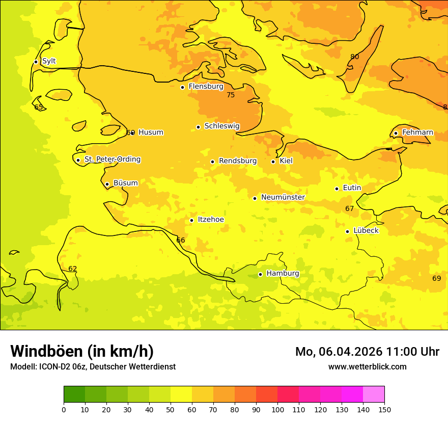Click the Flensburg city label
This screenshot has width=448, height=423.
[x=206, y=87]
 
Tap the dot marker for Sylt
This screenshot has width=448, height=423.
[x=36, y=62]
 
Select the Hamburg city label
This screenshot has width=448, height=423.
[x=283, y=274]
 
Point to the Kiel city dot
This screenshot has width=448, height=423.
[x=273, y=162]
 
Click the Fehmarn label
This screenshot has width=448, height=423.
[x=417, y=133]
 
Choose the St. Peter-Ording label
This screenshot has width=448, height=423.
[x=112, y=160]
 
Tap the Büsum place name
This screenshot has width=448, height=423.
[x=125, y=183]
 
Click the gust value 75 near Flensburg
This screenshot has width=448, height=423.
[x=231, y=95]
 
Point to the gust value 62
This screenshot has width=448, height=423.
[x=73, y=269]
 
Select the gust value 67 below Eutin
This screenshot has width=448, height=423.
[x=349, y=209]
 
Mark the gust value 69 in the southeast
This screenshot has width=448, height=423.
[x=437, y=278]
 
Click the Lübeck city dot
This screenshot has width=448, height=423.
[x=347, y=231]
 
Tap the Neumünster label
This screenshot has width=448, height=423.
[x=283, y=197]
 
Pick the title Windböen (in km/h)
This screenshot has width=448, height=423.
[x=82, y=351]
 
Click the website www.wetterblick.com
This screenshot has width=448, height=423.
[x=368, y=366]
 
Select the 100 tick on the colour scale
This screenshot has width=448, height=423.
[x=277, y=409]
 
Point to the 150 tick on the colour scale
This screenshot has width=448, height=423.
[x=384, y=409]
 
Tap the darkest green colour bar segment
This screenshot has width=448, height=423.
[x=74, y=394]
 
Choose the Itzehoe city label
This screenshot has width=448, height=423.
[x=210, y=220]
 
